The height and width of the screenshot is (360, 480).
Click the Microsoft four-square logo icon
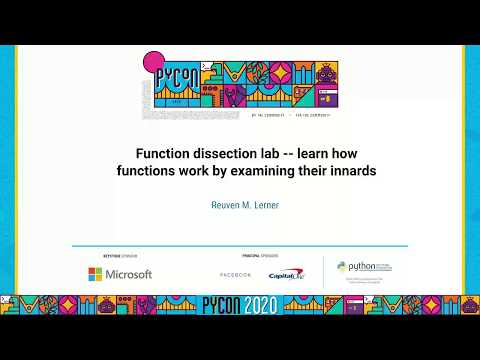(x=95, y=274)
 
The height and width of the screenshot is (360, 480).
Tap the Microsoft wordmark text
(x=128, y=274)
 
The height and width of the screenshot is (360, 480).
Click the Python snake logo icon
(x=342, y=269)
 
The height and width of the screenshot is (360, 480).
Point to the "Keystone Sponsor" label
(x=106, y=255)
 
